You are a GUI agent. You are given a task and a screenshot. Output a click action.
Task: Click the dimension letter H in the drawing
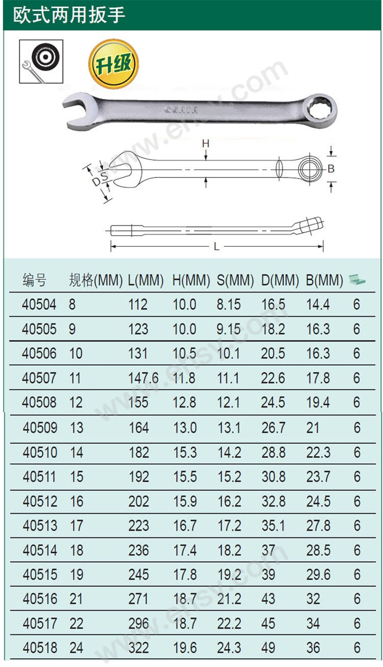click(206, 144)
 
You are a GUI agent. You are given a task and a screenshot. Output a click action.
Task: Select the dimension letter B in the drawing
click(331, 169)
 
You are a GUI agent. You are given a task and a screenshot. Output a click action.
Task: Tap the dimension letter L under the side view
click(217, 247)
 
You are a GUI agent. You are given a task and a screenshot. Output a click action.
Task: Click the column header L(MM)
click(145, 280)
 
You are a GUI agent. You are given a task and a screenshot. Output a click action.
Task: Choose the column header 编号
click(34, 280)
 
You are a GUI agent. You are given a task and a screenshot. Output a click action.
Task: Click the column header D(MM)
click(280, 280)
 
